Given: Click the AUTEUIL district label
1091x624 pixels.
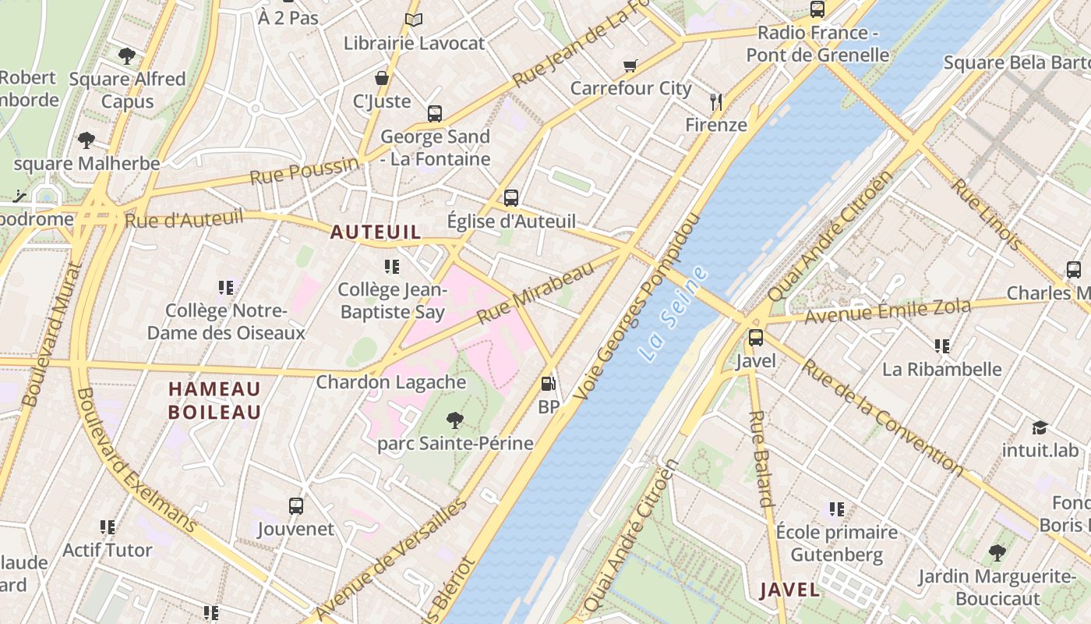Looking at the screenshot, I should click(376, 232).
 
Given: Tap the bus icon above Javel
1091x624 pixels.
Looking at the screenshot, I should click(755, 338).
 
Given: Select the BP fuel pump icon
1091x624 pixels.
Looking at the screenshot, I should click(549, 384).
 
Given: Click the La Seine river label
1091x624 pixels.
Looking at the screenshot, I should click(673, 314).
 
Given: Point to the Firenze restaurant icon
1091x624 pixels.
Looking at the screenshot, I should click(716, 101).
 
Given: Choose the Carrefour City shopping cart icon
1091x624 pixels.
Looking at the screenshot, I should click(630, 66).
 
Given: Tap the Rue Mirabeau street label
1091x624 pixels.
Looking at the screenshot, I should click(535, 293).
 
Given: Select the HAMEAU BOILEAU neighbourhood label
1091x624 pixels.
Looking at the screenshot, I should click(214, 400).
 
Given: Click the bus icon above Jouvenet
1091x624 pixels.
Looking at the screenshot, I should click(296, 505).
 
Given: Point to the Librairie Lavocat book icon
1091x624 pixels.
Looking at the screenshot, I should click(414, 20).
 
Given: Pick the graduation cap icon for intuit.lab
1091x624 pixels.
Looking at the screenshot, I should click(1040, 427).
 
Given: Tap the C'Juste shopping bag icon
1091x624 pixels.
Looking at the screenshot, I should click(382, 78).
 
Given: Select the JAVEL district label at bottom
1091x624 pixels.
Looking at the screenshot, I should click(789, 590).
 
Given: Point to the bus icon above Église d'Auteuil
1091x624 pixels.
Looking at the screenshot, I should click(511, 198).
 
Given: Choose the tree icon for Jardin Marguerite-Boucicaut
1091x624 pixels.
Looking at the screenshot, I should click(997, 553).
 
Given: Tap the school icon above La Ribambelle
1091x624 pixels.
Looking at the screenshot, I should click(941, 346).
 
